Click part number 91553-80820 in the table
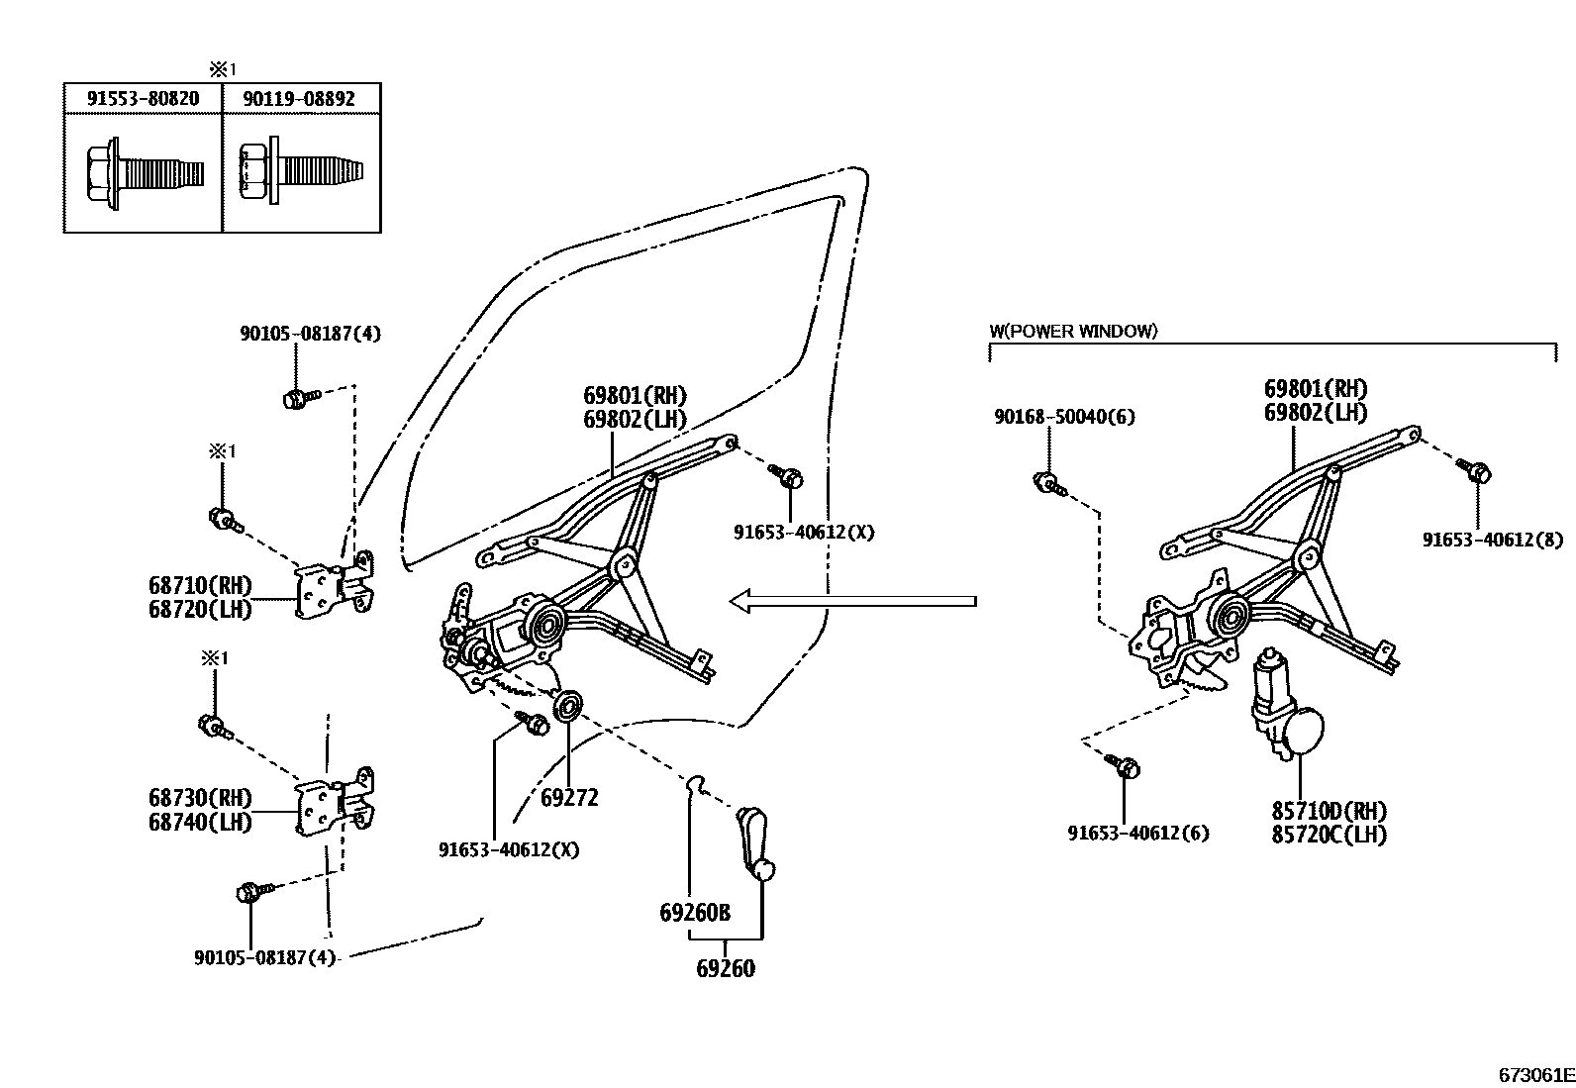click(143, 98)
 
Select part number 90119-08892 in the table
click(301, 98)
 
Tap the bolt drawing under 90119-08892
click(303, 172)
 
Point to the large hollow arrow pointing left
click(851, 600)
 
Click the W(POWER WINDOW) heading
click(1073, 332)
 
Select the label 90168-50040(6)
click(1064, 418)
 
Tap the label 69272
click(569, 798)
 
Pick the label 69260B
click(695, 912)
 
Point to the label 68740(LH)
click(201, 822)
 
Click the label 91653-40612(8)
click(1492, 540)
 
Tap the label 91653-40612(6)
click(1138, 834)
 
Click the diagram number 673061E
click(1535, 1074)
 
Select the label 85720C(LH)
click(1329, 835)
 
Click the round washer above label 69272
click(568, 707)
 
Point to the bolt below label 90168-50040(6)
click(1048, 484)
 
